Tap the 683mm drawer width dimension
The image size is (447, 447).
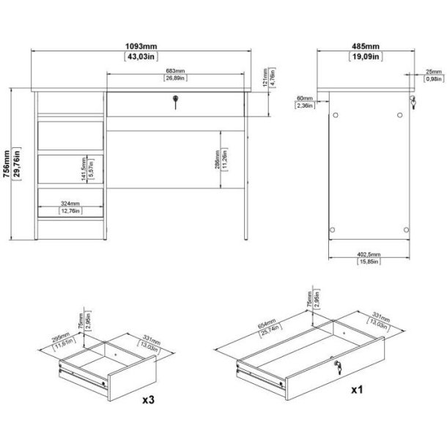[174, 72]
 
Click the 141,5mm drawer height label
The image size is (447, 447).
[84, 169]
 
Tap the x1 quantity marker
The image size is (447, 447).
[358, 391]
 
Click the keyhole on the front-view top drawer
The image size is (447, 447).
[176, 102]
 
